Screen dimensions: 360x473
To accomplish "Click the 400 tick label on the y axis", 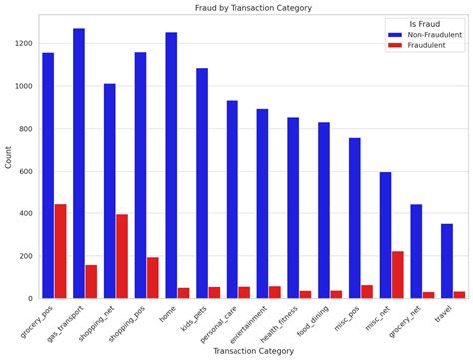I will [x=26, y=213].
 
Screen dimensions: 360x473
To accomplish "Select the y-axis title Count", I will [x=8, y=157].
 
